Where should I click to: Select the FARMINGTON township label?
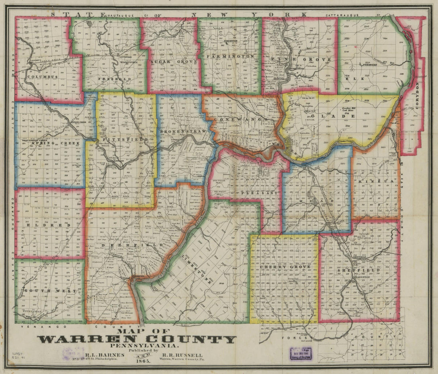pyautogui.click(x=230, y=57)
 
